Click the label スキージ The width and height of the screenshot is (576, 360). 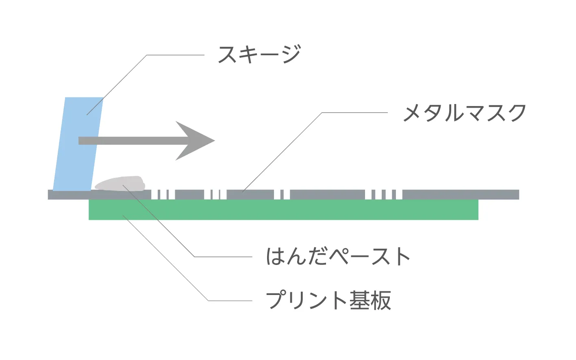259,54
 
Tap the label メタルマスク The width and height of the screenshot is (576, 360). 464,113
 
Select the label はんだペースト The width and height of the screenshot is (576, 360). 337,256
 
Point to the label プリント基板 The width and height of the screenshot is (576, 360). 328,300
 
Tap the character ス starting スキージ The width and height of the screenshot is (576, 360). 228,54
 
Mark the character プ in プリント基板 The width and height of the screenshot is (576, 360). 276,300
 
